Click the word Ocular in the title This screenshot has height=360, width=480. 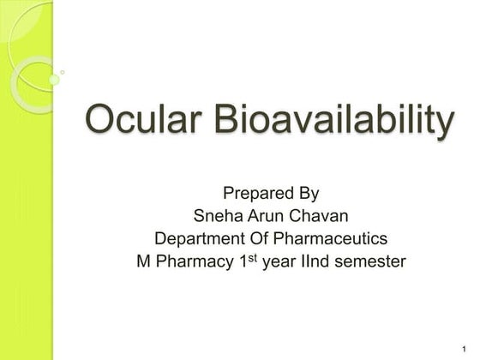point(141,122)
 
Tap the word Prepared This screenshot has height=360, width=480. point(255,193)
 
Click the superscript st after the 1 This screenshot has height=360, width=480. point(252,257)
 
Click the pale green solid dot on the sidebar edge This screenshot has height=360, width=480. point(53,80)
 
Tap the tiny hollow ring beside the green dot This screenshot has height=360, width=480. point(63,74)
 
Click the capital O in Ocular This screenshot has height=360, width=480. point(101,122)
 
